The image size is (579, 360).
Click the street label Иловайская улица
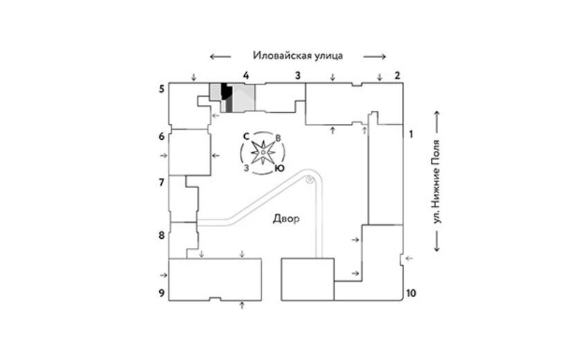[x=298, y=55]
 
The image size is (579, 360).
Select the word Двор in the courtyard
[x=286, y=219]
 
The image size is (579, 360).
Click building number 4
[x=246, y=74]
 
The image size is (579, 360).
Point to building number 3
[x=297, y=75]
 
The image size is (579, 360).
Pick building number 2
[x=397, y=75]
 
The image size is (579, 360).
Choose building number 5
[x=161, y=89]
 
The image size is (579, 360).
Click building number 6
[x=161, y=136]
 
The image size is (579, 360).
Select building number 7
[x=161, y=183]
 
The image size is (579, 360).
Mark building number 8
[x=161, y=235]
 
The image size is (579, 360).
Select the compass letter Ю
[x=278, y=168]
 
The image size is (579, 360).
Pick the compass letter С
[x=246, y=136]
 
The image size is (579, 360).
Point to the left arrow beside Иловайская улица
[x=221, y=56]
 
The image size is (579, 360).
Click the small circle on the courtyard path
[x=311, y=180]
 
